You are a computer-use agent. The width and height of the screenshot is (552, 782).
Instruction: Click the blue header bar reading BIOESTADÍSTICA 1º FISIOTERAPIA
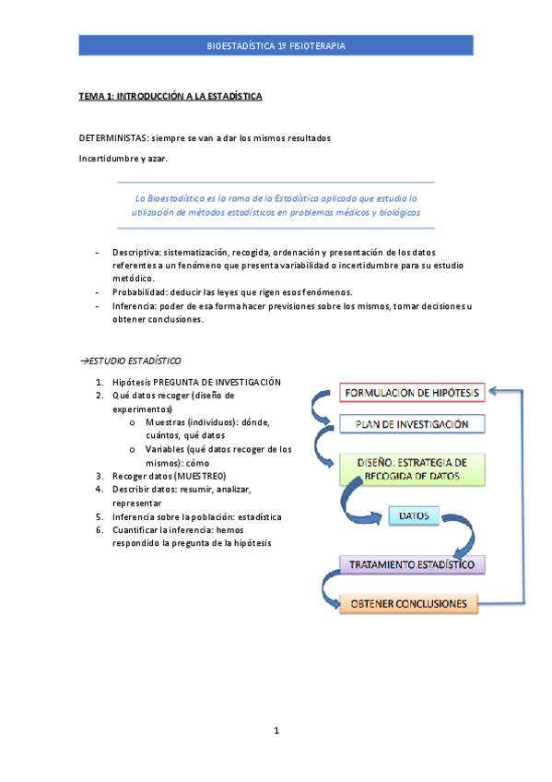pyautogui.click(x=277, y=45)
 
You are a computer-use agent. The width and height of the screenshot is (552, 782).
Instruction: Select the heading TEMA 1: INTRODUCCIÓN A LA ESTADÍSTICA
pyautogui.click(x=170, y=96)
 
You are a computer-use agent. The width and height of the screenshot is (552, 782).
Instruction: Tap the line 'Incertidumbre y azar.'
pyautogui.click(x=123, y=159)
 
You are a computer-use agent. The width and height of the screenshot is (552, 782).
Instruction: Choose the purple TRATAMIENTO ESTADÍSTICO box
pyautogui.click(x=412, y=563)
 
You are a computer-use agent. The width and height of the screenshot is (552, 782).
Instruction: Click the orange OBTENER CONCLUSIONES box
pyautogui.click(x=411, y=604)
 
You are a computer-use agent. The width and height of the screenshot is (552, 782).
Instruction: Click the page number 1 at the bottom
pyautogui.click(x=276, y=731)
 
